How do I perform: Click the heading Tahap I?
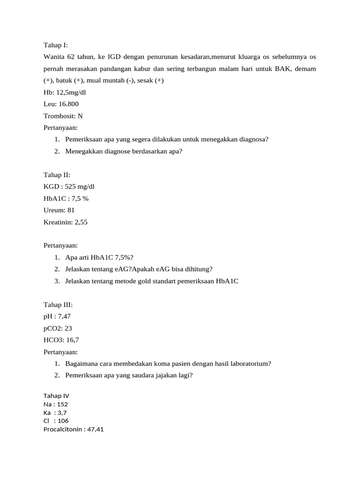coord(56,45)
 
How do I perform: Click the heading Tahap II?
coord(57,175)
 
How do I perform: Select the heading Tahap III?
coord(58,305)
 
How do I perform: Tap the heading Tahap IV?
coord(56,396)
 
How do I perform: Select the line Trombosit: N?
coord(63,116)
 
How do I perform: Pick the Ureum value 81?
coord(71,210)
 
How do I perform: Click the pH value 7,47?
coord(64,316)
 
